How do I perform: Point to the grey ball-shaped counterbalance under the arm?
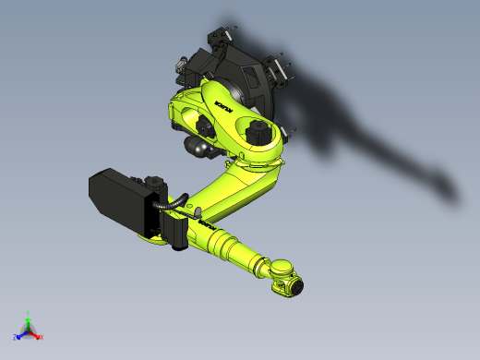[x=195, y=145]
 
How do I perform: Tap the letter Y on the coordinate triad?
[x=29, y=314]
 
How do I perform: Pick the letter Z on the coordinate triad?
[x=16, y=338]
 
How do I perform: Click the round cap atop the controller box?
[x=154, y=183]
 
